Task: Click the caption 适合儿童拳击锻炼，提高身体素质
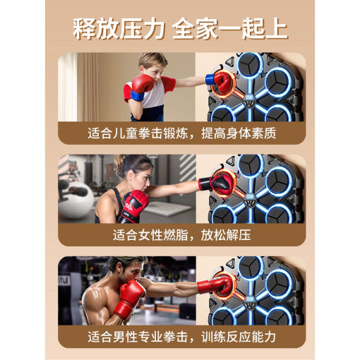[180, 132]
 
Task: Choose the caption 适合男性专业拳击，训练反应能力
[180, 336]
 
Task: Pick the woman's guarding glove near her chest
[134, 205]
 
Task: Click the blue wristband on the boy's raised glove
[136, 95]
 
